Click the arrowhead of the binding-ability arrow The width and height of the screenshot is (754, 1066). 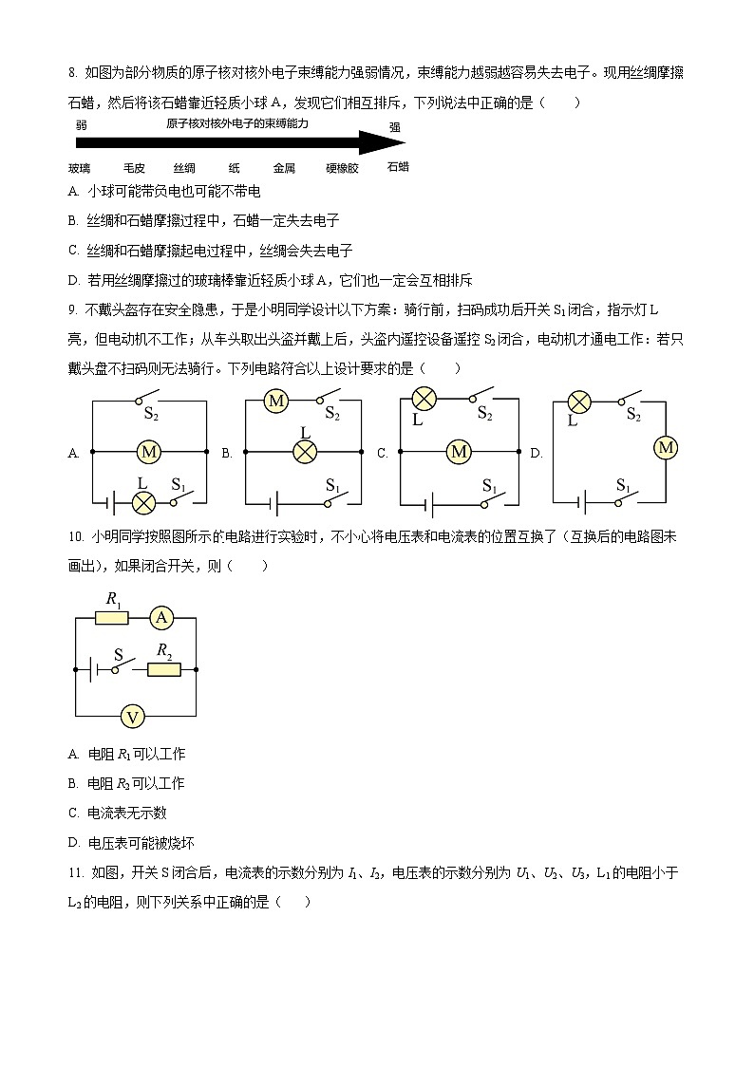[x=389, y=143]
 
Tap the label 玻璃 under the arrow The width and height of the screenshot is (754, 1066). [x=80, y=168]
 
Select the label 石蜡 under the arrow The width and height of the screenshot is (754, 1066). [x=398, y=166]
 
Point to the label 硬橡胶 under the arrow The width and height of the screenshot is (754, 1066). [x=342, y=168]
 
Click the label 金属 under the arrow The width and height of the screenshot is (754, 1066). [x=284, y=168]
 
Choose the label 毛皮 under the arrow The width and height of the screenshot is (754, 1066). [x=134, y=168]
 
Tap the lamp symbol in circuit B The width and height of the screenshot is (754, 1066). [x=304, y=452]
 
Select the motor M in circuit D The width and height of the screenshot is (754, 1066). [x=666, y=447]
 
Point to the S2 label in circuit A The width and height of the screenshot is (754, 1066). [x=151, y=412]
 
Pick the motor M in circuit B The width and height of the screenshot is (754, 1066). [x=276, y=402]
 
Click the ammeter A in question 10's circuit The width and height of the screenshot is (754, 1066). [x=160, y=618]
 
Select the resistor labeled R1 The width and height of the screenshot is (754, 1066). [x=112, y=618]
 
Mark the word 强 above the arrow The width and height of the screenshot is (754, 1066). [x=394, y=127]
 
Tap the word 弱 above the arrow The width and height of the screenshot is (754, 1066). [x=82, y=124]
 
